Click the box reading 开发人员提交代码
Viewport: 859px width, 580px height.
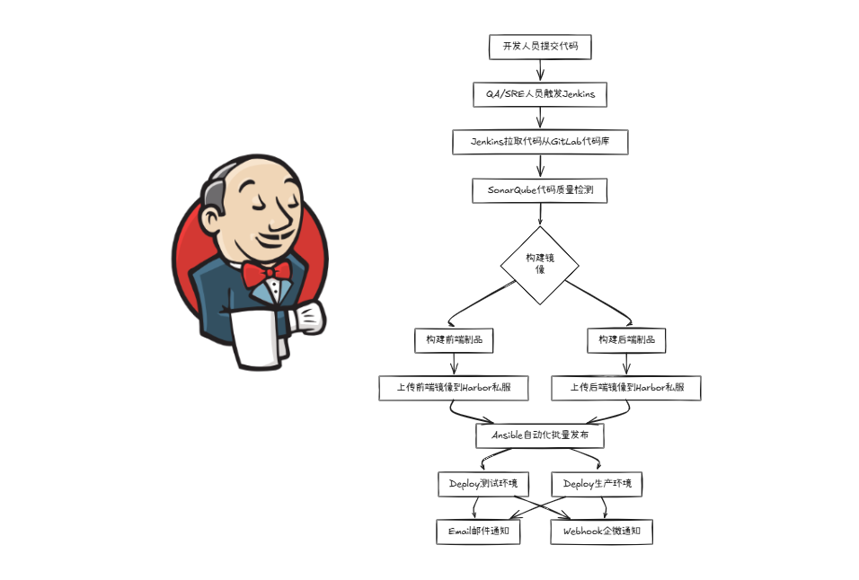[x=540, y=47]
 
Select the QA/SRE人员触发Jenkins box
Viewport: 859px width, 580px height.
[x=540, y=94]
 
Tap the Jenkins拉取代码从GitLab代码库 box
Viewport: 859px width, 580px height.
[x=540, y=142]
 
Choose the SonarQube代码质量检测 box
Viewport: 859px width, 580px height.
[x=540, y=189]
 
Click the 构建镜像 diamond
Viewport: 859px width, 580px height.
[x=540, y=265]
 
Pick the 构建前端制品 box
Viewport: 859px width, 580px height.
[x=454, y=340]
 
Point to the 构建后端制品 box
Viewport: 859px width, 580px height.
[x=626, y=340]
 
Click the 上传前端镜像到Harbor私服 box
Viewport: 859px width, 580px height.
[x=454, y=388]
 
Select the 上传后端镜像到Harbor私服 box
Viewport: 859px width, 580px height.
[x=626, y=388]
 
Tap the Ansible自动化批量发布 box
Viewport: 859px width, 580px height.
[x=540, y=435]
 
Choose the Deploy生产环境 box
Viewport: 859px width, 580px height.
[x=598, y=484]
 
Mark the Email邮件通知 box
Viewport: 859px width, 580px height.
[x=479, y=532]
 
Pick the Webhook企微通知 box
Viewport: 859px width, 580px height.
[x=602, y=532]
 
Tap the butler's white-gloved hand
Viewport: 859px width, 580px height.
[x=308, y=316]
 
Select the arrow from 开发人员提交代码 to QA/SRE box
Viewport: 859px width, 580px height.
[x=540, y=70]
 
